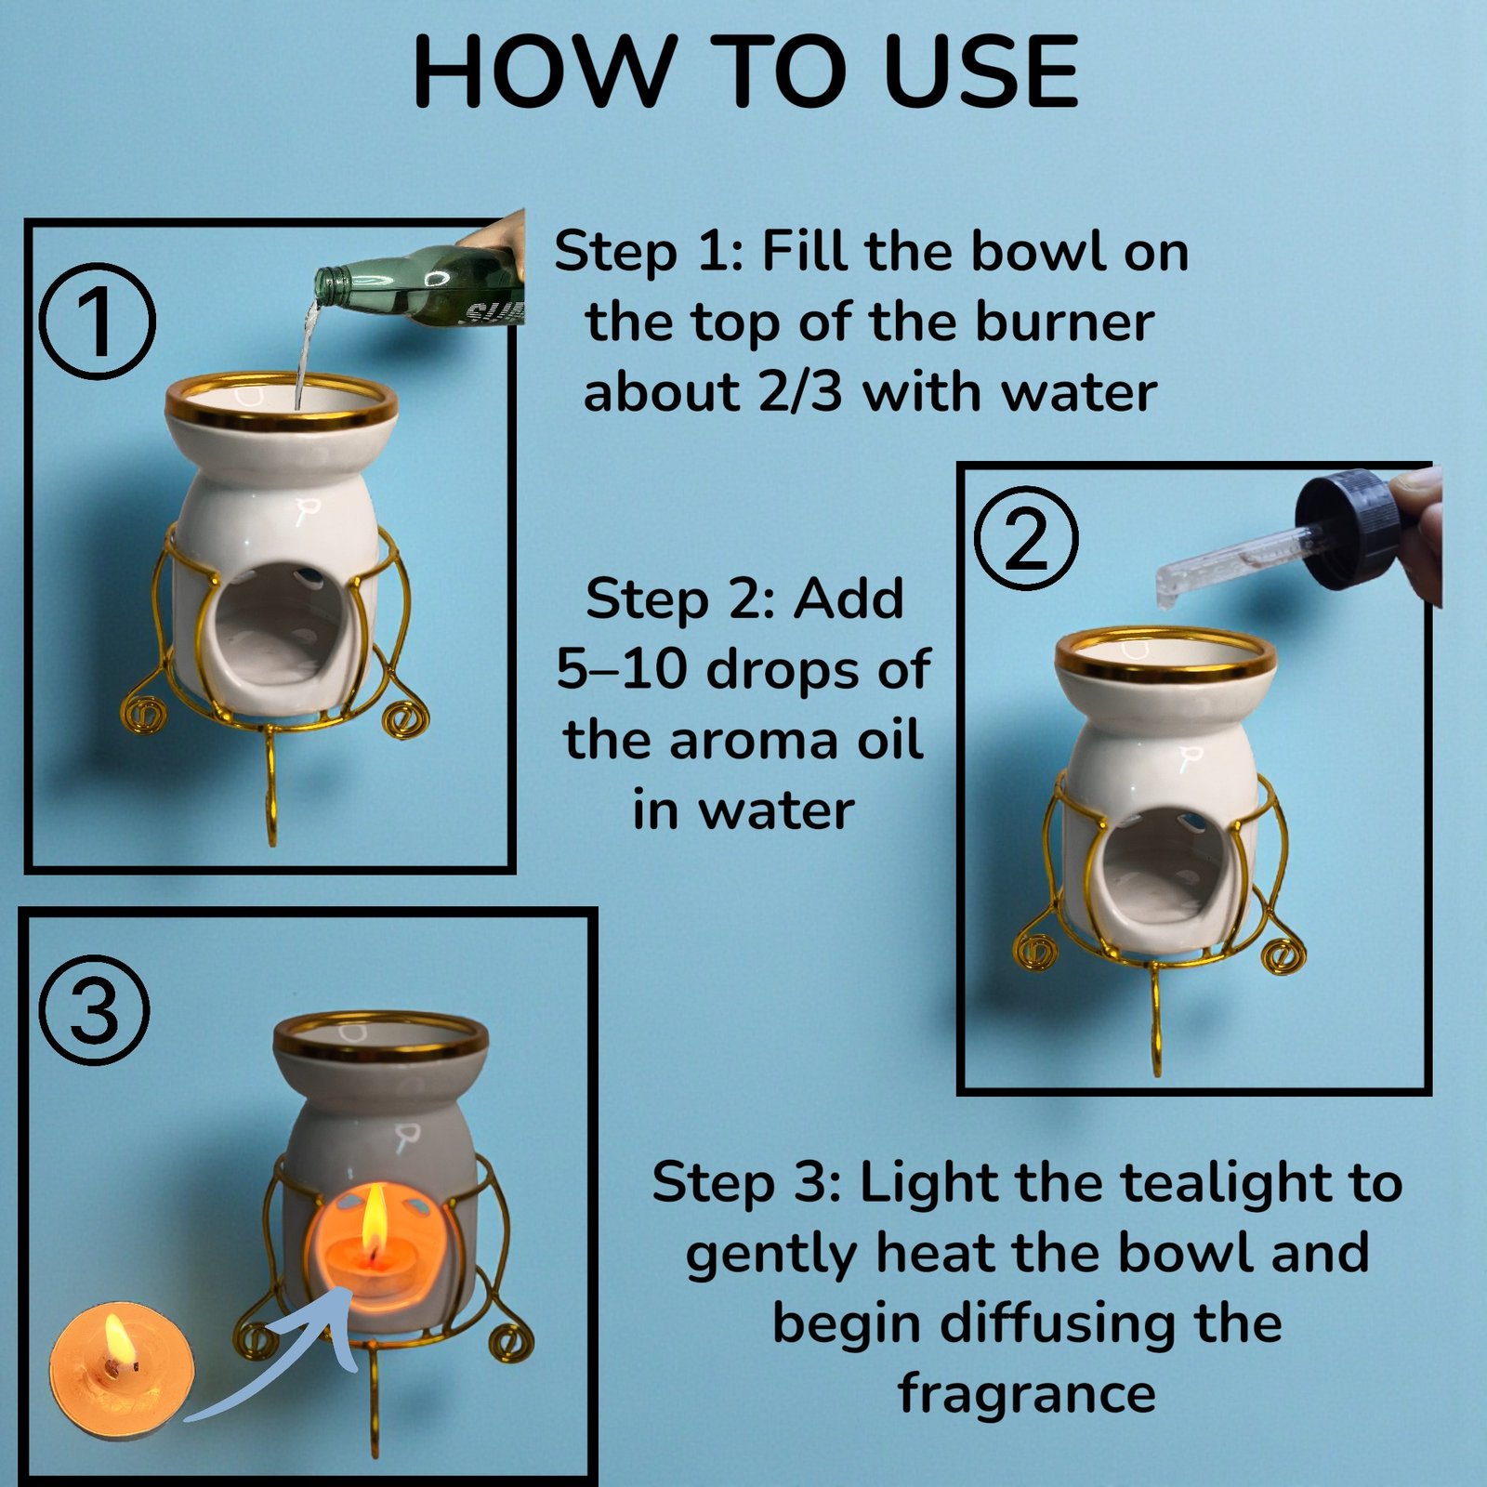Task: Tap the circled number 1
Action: (99, 322)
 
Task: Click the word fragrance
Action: (1027, 1392)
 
